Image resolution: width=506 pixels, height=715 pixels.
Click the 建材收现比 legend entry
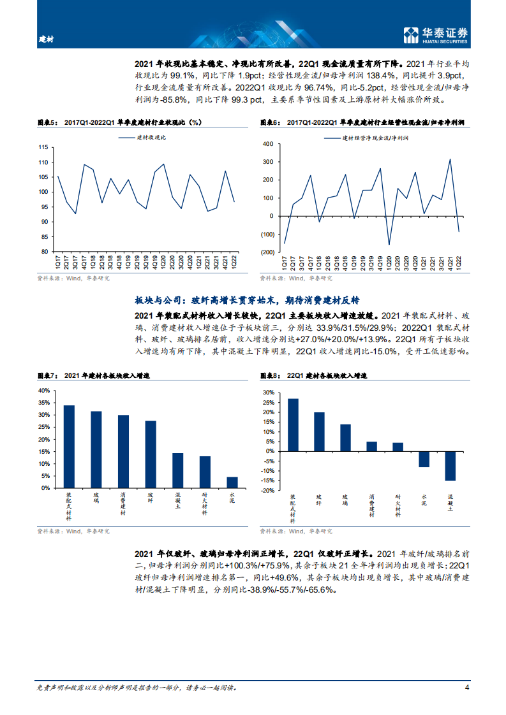(142, 137)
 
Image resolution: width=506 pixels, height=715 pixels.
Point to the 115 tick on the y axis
(43, 147)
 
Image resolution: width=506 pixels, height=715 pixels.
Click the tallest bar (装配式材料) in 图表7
(69, 447)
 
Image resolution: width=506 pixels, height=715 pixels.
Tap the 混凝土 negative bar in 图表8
(450, 466)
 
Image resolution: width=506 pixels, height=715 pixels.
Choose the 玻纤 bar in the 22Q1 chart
(319, 431)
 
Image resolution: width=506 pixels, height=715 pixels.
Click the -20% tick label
(266, 491)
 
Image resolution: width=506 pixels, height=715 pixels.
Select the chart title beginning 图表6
(362, 121)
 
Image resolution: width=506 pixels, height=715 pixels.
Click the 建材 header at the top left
(47, 40)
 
